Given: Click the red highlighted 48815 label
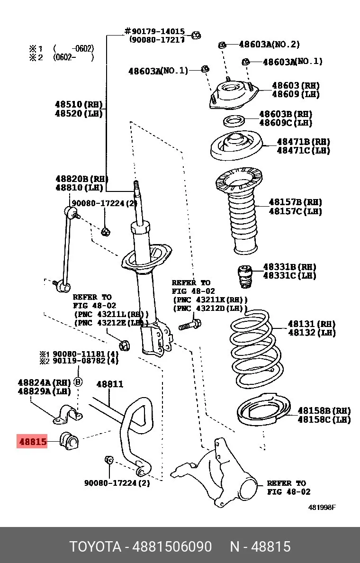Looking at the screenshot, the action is (32, 441).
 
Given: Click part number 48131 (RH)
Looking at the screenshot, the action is (311, 324).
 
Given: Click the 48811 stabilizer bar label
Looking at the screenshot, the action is (109, 384).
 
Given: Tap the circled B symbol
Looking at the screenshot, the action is (78, 381).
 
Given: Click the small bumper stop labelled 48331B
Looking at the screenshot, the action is (245, 276).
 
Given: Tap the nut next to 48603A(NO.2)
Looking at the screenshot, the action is (222, 45).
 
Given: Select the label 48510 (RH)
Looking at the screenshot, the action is (79, 105).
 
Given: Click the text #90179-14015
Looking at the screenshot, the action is (154, 32).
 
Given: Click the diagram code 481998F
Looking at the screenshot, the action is (322, 508).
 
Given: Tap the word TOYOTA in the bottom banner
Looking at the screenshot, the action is (95, 546).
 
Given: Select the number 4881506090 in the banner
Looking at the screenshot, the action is (172, 546).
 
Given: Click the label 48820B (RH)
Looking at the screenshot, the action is (81, 179).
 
